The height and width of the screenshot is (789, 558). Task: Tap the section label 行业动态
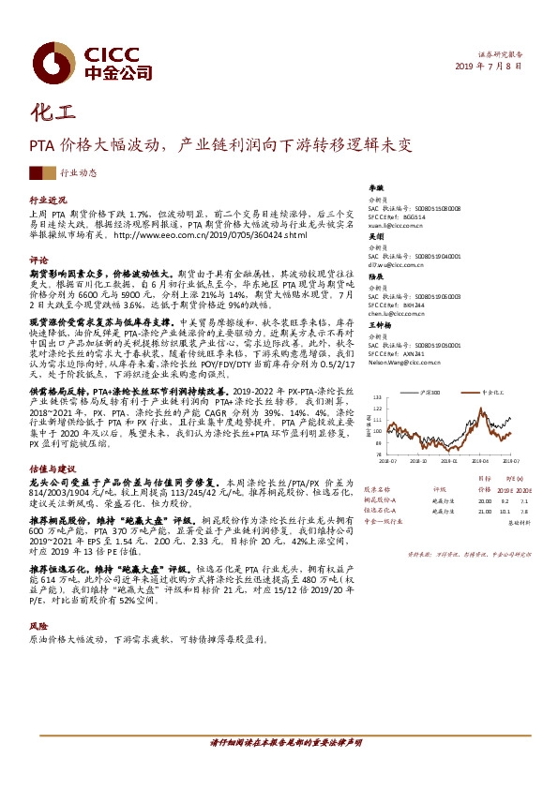[x=78, y=173]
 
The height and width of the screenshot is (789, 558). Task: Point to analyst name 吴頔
[x=375, y=238]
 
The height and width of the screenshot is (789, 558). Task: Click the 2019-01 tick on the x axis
[x=448, y=460]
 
